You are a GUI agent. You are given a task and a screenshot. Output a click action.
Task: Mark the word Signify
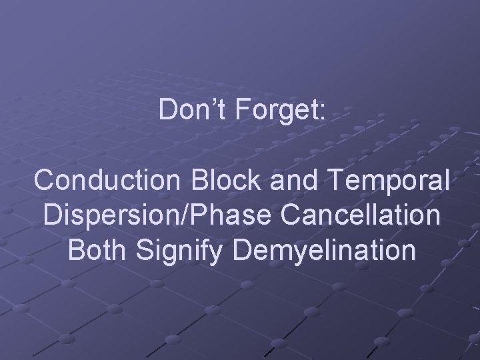[x=193, y=252]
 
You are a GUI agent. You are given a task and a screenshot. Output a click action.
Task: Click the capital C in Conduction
[x=45, y=181]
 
